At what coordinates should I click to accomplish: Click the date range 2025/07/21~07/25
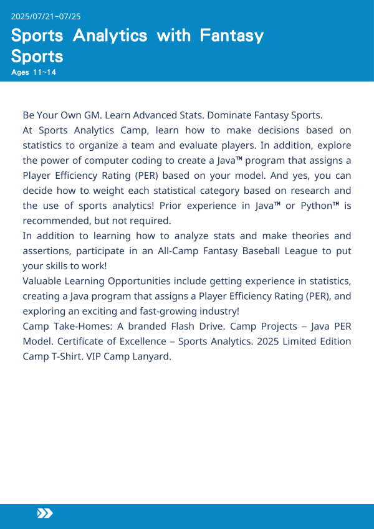[x=46, y=16]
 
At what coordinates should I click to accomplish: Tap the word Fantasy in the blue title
[x=231, y=36]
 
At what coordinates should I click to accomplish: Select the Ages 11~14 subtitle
[x=34, y=72]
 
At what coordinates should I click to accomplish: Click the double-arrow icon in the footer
[x=45, y=513]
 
